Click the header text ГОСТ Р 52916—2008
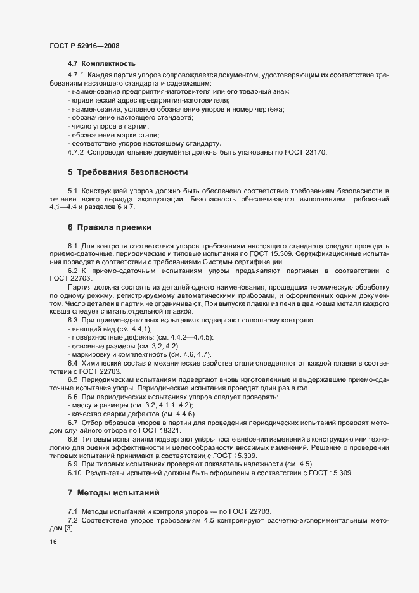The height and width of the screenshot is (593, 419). tap(84, 46)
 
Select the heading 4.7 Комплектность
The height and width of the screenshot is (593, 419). tap(101, 64)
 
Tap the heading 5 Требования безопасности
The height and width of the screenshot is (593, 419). tap(127, 172)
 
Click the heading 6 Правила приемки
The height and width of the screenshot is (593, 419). tap(109, 227)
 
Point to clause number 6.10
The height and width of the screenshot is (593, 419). tap(75, 473)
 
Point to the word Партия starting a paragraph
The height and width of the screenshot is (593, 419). tap(79, 287)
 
